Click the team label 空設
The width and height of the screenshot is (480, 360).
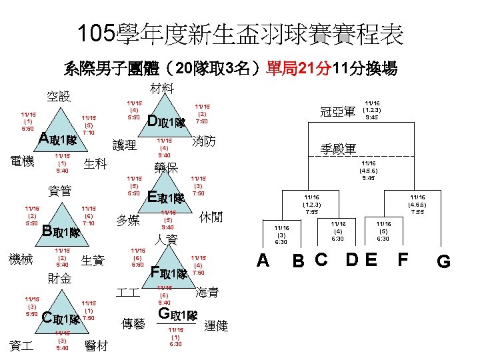pos(58,97)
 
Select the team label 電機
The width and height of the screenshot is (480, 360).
pos(24,161)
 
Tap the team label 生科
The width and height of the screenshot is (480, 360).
pos(97,165)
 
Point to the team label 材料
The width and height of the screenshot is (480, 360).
pos(162,88)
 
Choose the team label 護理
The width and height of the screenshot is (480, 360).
pos(125,145)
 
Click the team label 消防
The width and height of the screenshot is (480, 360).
pos(203,141)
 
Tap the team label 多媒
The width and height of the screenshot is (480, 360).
pos(127,221)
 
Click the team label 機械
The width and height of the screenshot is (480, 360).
pos(23,259)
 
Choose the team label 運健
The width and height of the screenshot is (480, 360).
pos(216,325)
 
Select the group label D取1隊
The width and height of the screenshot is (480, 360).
pos(166,122)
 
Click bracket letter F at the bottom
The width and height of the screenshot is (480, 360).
pos(403,258)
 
